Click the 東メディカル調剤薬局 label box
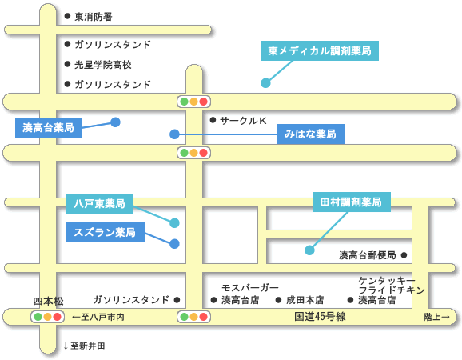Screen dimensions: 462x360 click(x=320, y=50)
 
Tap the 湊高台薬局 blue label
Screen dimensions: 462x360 click(x=48, y=128)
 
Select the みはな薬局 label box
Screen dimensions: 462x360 click(x=311, y=134)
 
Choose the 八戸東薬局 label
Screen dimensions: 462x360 click(x=99, y=203)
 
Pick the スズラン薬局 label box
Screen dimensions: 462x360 click(x=106, y=232)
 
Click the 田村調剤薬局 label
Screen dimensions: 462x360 click(x=352, y=202)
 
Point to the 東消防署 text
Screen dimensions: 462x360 click(x=94, y=17)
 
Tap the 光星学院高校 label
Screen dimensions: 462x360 click(x=103, y=65)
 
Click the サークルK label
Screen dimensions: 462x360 click(x=243, y=120)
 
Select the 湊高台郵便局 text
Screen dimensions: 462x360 click(x=368, y=255)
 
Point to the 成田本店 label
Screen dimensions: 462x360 click(x=305, y=300)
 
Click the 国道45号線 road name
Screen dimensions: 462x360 click(x=320, y=317)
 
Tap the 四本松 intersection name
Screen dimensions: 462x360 click(x=48, y=302)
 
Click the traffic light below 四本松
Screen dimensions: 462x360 click(x=47, y=317)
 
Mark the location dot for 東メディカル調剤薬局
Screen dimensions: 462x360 click(x=265, y=83)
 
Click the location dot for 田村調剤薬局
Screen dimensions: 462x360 click(x=309, y=250)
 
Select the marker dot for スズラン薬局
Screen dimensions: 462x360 click(x=174, y=244)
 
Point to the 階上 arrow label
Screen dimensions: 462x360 click(x=436, y=317)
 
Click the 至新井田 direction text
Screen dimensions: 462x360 click(x=85, y=346)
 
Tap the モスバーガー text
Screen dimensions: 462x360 click(x=250, y=287)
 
